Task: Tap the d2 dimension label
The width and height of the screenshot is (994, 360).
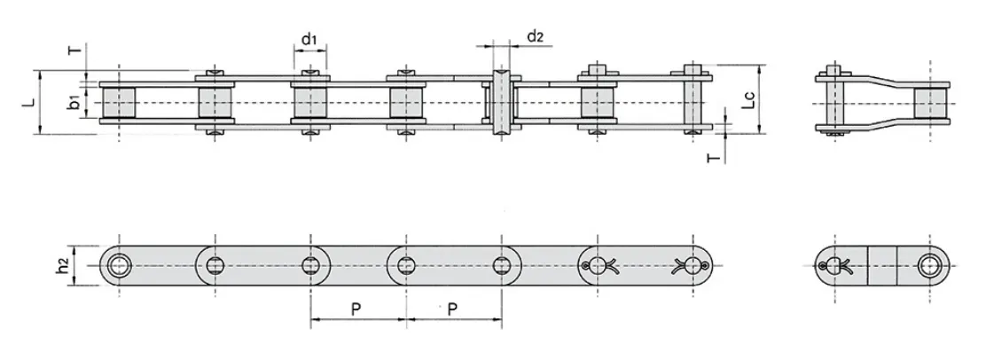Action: click(x=535, y=36)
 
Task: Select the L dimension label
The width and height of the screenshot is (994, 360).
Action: click(x=29, y=102)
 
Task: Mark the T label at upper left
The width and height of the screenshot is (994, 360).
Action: click(x=75, y=51)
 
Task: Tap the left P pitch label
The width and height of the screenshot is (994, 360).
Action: click(x=356, y=309)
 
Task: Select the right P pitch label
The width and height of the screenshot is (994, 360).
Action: click(x=452, y=309)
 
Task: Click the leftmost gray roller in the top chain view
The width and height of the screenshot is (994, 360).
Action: click(x=118, y=103)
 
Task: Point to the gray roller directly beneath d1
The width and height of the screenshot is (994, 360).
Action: click(x=309, y=103)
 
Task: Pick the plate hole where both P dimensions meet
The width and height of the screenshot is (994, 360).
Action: click(x=406, y=264)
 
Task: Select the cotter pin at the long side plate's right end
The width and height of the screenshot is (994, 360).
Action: click(x=693, y=264)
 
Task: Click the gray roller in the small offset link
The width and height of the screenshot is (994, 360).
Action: click(x=930, y=103)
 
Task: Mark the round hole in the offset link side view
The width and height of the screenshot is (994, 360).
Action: click(x=930, y=264)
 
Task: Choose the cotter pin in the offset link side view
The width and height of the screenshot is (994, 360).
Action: click(x=834, y=265)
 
